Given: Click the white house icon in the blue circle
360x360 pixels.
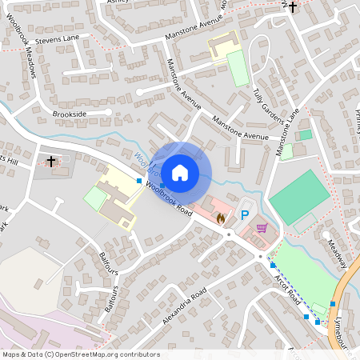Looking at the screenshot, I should [180, 172].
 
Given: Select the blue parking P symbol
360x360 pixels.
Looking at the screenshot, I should [246, 215].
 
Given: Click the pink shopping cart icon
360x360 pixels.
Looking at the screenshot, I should [261, 228].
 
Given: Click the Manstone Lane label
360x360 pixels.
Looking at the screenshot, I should [287, 132].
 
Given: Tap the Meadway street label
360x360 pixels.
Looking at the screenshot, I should [338, 255].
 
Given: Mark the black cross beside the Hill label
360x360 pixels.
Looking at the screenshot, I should [52, 162].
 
